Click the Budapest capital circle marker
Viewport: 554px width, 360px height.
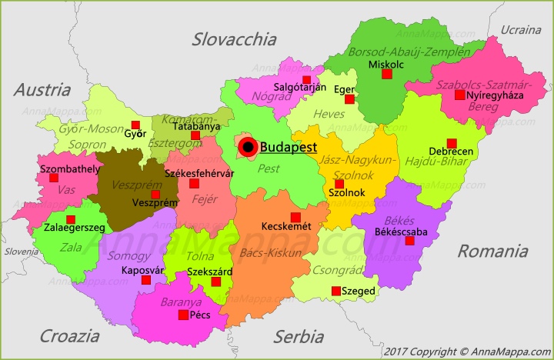[247, 147]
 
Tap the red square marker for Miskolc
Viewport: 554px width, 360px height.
[387, 75]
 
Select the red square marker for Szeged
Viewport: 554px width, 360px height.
[335, 291]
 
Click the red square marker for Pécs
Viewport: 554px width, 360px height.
[183, 315]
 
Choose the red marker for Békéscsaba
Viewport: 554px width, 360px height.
[409, 241]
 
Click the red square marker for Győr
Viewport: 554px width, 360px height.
[135, 125]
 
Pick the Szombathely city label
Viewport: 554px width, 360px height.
[69, 168]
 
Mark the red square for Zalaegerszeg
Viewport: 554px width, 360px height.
[71, 219]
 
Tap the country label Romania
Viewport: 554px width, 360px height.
[492, 251]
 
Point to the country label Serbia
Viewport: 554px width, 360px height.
[299, 336]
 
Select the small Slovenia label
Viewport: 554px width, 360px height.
[21, 252]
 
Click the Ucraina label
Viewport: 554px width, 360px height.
[521, 30]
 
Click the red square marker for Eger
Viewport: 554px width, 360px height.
[349, 99]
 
